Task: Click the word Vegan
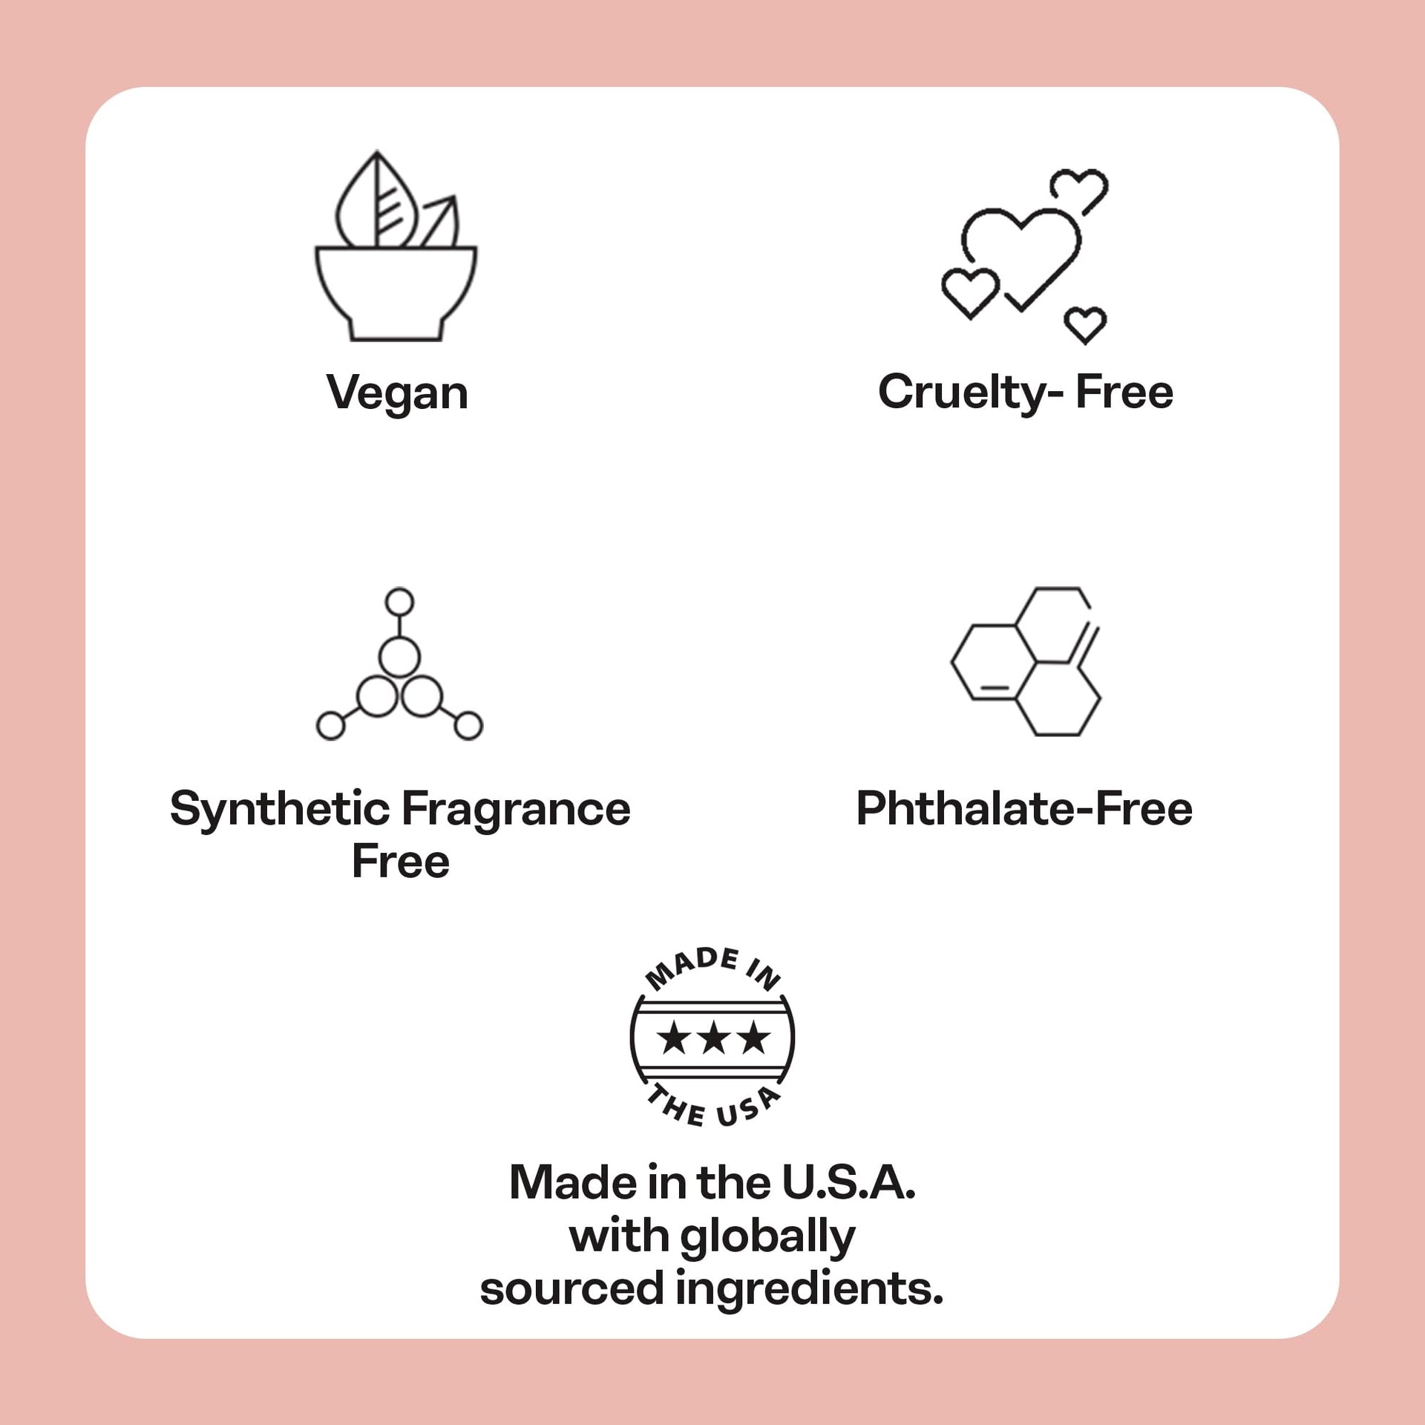click(397, 393)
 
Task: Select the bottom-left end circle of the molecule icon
click(330, 726)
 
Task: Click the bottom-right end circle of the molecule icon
click(468, 726)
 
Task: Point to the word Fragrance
click(517, 810)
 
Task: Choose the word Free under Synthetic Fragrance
click(401, 861)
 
